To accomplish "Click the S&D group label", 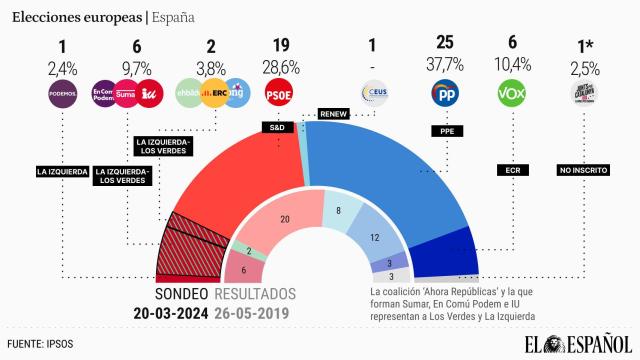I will pos(278,128).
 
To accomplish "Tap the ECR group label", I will pos(511,170).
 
